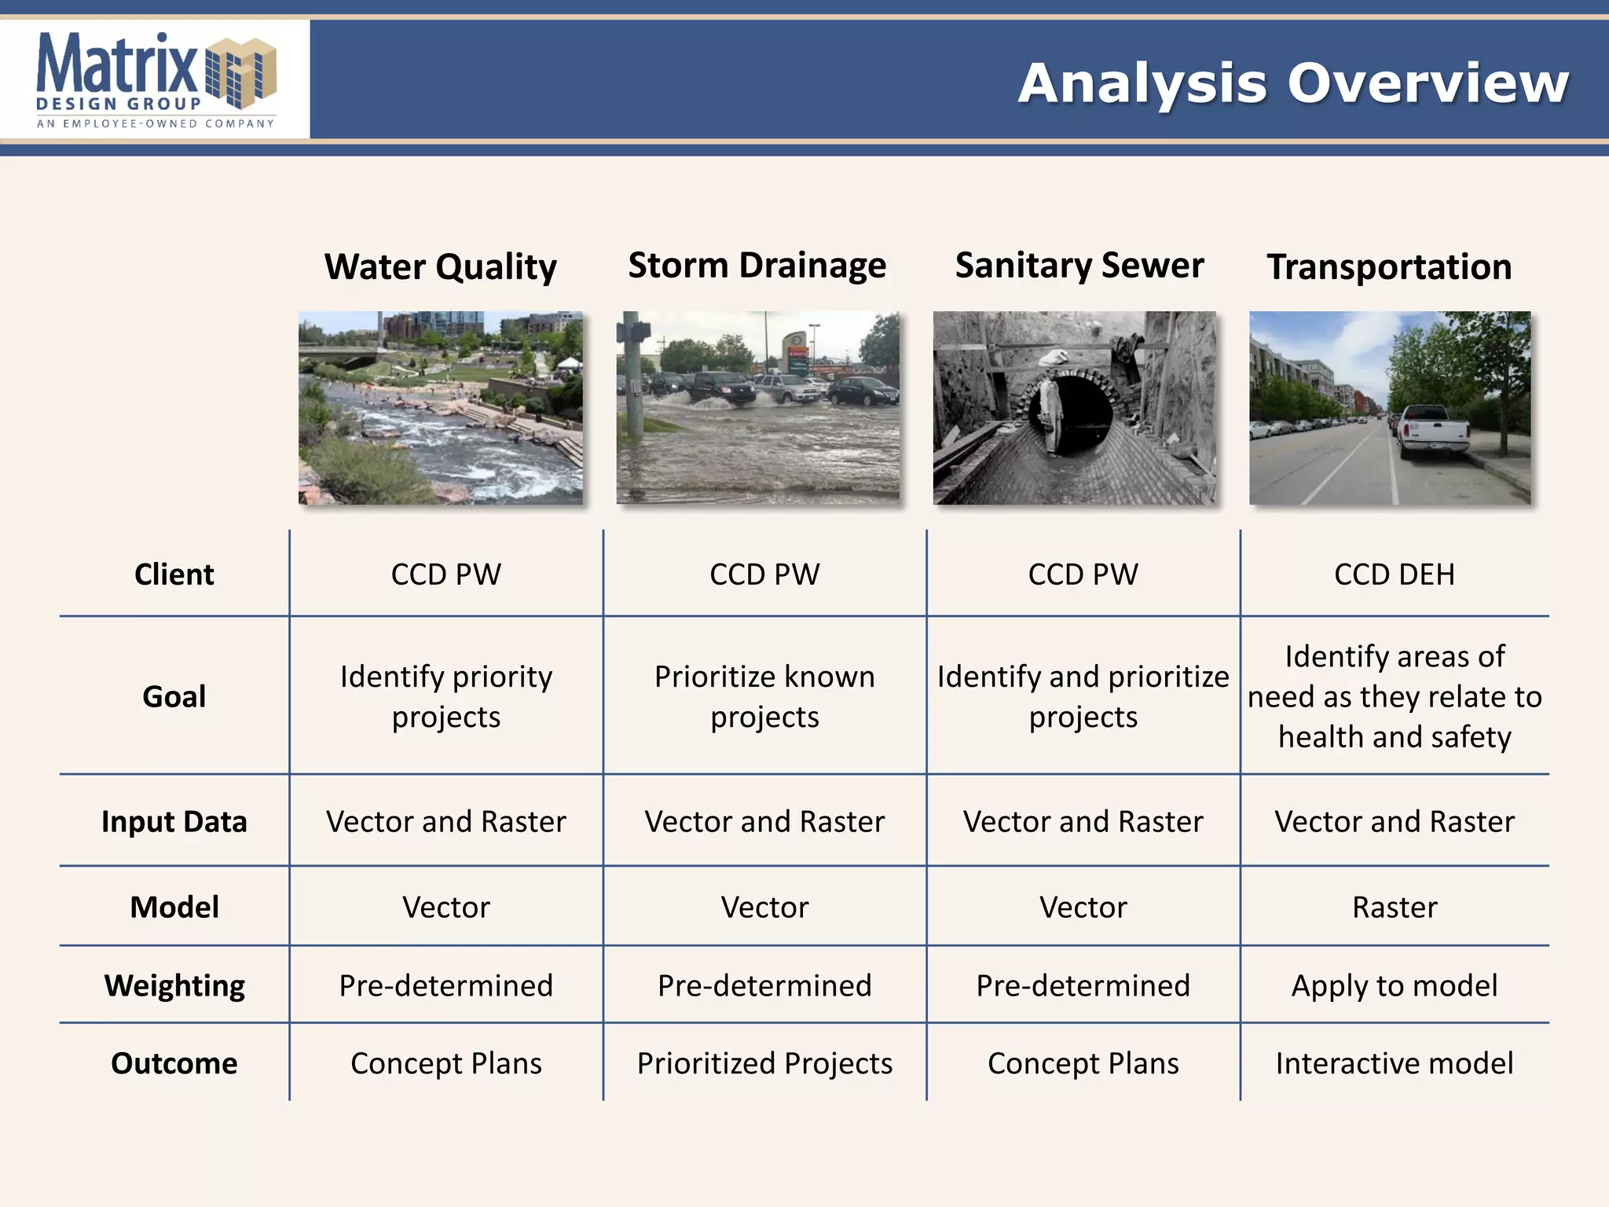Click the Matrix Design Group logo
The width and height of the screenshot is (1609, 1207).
tap(156, 79)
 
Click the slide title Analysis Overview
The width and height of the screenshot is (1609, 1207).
tap(1292, 83)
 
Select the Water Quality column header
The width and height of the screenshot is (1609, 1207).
tap(440, 266)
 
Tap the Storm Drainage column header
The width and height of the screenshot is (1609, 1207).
tap(757, 266)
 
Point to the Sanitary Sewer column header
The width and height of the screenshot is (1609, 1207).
tap(1079, 266)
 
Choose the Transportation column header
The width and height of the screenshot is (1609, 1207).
tap(1388, 267)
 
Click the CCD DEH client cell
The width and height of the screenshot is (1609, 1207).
tap(1394, 574)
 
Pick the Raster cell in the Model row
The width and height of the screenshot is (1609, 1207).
tap(1394, 908)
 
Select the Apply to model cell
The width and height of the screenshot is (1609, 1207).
tap(1394, 985)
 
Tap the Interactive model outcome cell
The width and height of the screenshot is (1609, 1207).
tap(1394, 1063)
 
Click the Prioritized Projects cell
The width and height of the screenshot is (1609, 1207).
tap(764, 1063)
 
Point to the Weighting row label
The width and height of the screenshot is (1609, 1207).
tap(174, 985)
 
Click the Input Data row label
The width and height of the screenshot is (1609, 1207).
tap(174, 822)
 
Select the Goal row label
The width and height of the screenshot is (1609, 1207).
tap(174, 697)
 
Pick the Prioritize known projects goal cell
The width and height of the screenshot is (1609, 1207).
tap(764, 697)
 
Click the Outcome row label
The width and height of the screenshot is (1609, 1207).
tap(174, 1063)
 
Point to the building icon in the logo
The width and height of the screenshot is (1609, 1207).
tap(241, 73)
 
